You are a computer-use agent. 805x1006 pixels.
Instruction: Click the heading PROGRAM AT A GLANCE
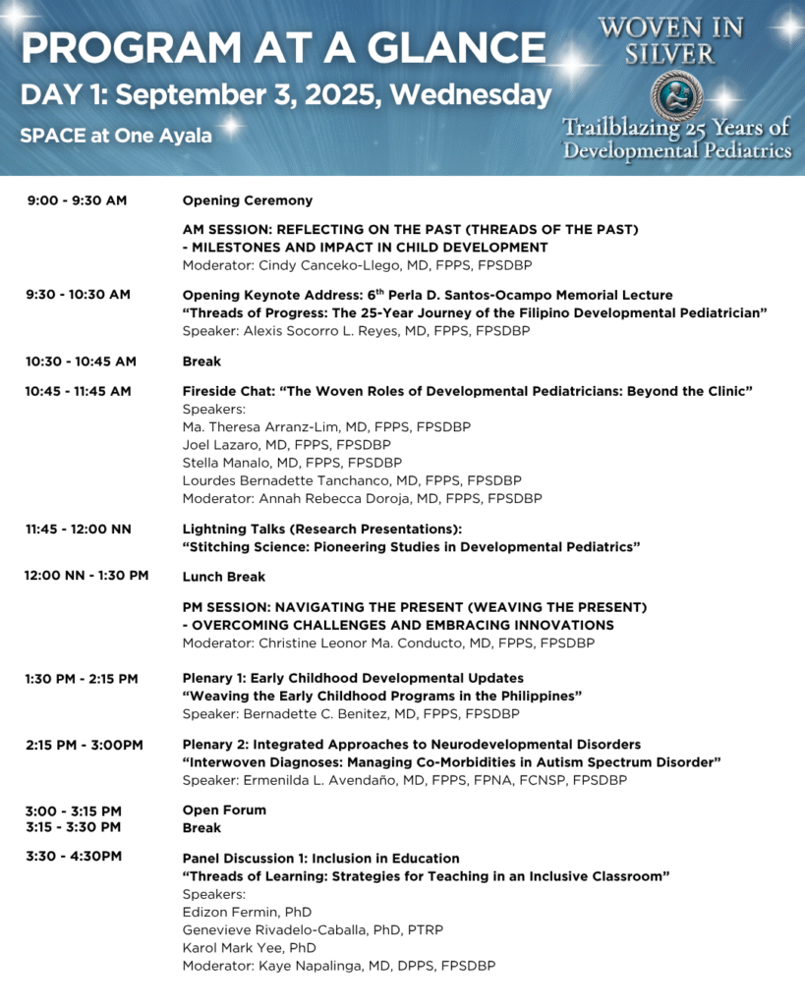283,47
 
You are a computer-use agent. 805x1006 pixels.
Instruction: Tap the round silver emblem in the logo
677,93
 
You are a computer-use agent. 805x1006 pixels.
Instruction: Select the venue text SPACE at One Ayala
116,136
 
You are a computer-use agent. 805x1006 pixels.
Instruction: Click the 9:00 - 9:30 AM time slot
77,200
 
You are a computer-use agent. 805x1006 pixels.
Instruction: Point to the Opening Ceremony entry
248,200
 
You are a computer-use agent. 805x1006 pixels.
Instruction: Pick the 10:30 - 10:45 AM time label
81,361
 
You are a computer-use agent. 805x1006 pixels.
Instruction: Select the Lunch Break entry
224,577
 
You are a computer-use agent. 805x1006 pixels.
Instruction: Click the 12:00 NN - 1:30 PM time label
86,576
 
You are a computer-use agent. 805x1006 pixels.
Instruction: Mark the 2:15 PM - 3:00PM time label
85,745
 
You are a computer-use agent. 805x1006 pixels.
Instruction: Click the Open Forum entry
224,810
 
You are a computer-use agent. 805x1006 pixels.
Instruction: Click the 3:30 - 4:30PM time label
74,857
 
